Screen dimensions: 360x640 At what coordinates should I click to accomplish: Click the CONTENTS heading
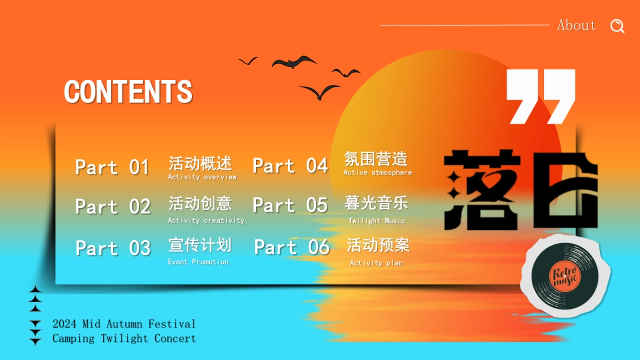(128, 92)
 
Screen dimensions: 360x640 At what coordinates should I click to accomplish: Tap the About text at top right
(577, 25)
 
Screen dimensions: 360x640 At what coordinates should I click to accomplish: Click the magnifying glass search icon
(617, 26)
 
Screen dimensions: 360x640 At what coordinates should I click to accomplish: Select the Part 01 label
(112, 167)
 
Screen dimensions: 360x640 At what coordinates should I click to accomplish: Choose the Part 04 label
(290, 166)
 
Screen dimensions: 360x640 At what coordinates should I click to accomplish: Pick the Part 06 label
(291, 247)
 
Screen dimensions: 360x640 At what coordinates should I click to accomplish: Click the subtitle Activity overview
(202, 177)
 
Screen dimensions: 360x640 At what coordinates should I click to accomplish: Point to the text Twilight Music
(377, 221)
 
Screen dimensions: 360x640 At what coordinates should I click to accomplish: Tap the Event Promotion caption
(198, 262)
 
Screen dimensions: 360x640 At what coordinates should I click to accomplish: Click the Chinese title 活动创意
(200, 203)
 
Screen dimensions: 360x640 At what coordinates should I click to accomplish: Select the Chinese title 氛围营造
(375, 158)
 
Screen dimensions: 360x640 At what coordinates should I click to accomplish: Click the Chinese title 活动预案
(378, 245)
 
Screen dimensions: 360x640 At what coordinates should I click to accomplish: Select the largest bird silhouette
(294, 62)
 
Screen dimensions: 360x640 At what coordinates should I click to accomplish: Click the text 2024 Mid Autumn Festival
(124, 324)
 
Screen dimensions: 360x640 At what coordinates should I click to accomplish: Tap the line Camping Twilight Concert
(124, 338)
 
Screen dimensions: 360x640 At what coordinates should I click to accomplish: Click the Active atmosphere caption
(378, 173)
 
